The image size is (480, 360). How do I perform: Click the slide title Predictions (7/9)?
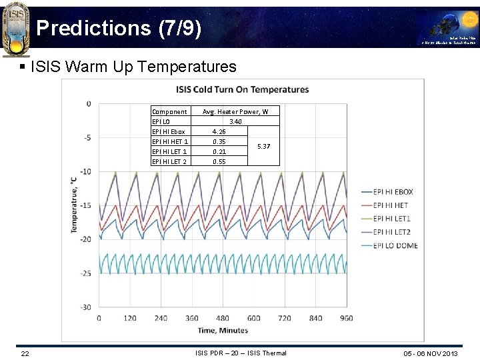coord(117,28)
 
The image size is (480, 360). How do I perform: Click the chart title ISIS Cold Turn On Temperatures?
coord(242,89)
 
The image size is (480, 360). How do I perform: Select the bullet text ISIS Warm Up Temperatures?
coord(133,67)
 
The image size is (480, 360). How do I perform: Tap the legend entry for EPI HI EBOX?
coord(393,192)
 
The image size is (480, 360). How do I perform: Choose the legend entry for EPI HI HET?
coord(391,205)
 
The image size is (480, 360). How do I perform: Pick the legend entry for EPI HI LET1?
coord(392,219)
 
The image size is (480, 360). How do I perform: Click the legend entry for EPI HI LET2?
coord(392,232)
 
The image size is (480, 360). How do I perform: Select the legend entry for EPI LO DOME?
coord(395,245)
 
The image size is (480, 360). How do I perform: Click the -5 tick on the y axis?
coord(87,137)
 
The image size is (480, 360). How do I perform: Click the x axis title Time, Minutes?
coord(223,330)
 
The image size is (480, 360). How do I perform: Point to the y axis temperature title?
coord(74,205)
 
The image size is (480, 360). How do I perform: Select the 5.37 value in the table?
coord(263,147)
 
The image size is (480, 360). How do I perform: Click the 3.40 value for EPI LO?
coord(235,122)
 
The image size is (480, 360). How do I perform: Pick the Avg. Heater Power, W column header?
coord(235,112)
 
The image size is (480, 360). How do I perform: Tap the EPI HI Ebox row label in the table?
coord(169,132)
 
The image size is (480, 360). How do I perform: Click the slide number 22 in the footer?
coord(25,353)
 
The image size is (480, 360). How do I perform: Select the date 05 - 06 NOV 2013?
coord(431,353)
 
